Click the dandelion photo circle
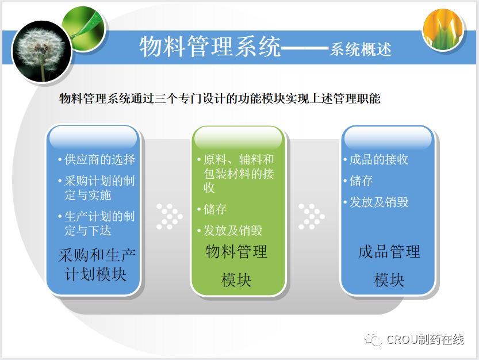41,51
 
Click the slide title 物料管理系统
210,47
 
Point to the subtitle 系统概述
361,49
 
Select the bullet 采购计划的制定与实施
97,187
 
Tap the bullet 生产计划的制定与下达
97,223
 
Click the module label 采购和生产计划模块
96,265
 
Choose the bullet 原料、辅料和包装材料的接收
236,173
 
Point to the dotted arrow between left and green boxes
169,216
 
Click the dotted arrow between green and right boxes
311,216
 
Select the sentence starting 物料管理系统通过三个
220,98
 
